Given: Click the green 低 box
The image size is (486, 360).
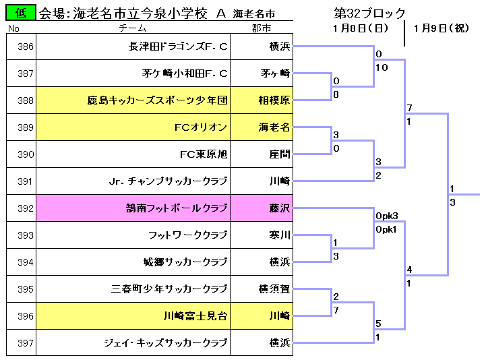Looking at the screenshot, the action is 21,13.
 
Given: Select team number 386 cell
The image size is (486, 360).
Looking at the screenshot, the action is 21,47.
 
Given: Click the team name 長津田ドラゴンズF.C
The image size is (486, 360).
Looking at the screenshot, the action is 178,47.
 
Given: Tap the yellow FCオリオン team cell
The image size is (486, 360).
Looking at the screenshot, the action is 133,127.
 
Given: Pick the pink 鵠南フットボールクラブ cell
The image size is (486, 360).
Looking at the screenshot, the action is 133,208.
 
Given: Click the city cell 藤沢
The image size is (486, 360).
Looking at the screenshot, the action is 262,208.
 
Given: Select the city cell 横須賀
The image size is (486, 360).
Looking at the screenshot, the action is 262,289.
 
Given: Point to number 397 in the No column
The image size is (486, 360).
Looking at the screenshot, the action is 26,343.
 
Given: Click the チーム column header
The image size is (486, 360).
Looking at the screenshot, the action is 133,28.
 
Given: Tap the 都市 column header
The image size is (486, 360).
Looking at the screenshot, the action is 262,28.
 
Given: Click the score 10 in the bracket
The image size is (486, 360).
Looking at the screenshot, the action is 382,67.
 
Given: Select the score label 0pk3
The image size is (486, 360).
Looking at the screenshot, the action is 386,216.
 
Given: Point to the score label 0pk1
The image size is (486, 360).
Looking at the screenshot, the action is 386,229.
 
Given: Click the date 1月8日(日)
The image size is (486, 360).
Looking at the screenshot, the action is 361,28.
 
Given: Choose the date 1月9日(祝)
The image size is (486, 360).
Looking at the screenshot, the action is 442,28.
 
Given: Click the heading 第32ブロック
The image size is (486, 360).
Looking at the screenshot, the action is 369,13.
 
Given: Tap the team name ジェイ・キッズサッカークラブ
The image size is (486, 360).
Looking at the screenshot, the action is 166,343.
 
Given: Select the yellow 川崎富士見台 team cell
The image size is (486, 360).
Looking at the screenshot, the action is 133,316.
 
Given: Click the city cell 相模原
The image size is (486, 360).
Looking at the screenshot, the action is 262,100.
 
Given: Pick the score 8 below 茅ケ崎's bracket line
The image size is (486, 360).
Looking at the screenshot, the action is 336,94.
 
